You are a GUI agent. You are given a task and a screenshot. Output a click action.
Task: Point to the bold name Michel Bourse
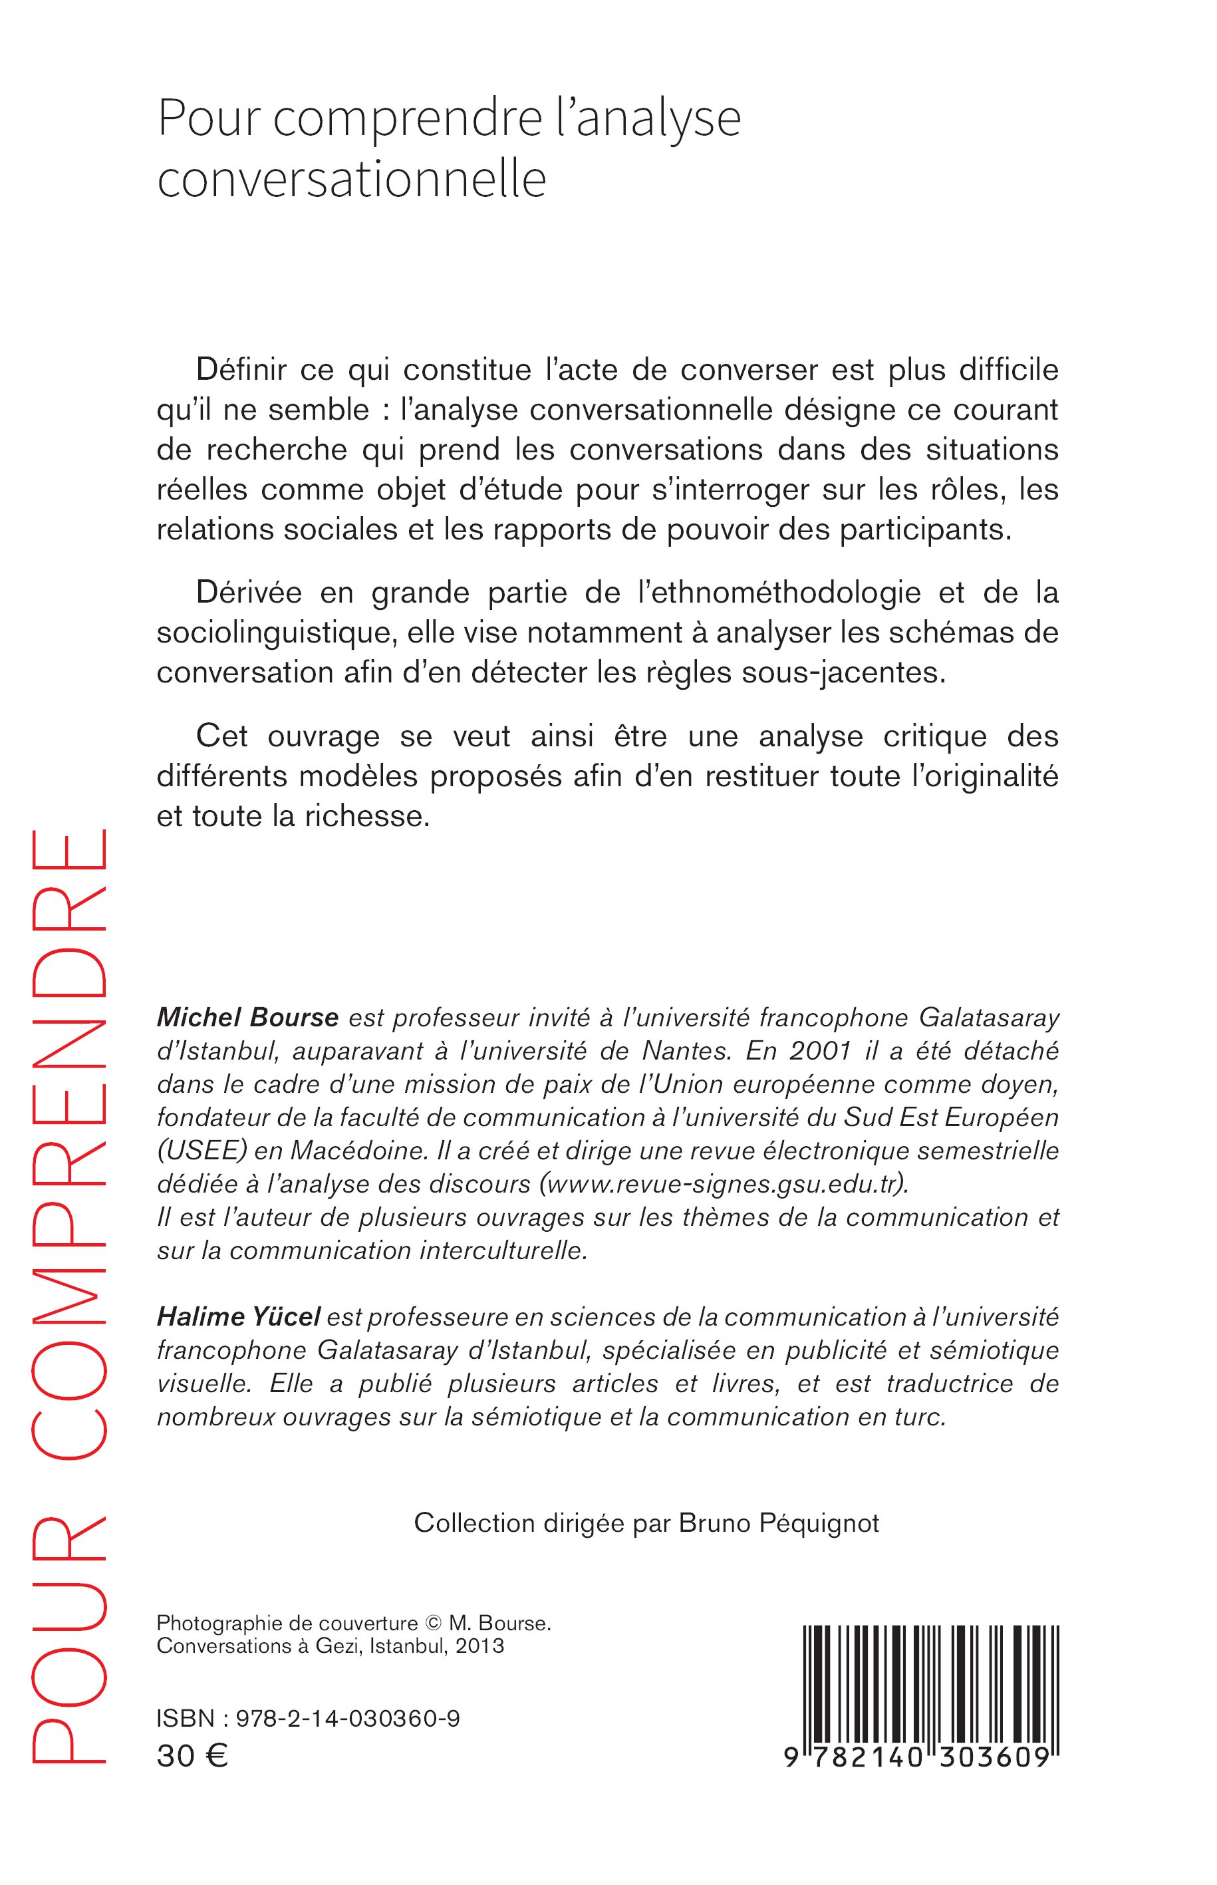coord(247,1017)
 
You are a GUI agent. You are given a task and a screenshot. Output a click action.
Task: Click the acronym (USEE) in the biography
coord(197,1150)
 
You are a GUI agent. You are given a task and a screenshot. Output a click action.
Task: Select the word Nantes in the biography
coord(686,1051)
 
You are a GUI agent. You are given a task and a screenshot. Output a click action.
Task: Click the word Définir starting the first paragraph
coord(242,369)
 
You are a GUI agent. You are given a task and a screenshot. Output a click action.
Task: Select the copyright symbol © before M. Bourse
coord(433,1624)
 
